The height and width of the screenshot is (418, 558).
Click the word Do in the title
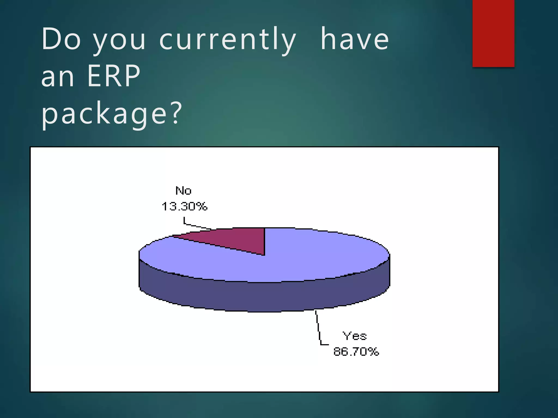coord(61,39)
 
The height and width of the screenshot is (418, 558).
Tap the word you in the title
coord(119,41)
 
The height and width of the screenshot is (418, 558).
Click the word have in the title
coord(354,39)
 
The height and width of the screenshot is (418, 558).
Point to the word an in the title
coord(58,77)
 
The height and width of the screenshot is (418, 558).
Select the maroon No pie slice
coord(240,239)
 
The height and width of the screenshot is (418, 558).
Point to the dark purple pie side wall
coord(262,297)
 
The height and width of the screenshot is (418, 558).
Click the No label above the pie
coord(183,191)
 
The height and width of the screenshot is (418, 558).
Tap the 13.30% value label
coord(184,207)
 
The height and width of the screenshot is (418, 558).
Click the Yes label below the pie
coord(354,336)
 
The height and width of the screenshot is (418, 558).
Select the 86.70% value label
coord(356,352)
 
